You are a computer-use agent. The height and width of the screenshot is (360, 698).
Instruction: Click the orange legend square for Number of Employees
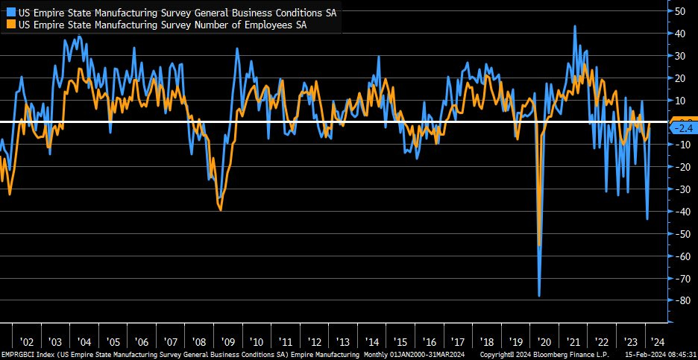(8, 25)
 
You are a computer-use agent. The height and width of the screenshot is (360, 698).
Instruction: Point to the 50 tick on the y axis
(680, 11)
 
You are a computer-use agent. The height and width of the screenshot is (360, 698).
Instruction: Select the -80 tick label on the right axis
(679, 300)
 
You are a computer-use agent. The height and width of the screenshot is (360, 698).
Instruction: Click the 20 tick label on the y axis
(680, 78)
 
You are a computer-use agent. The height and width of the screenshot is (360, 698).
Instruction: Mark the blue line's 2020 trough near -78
(539, 296)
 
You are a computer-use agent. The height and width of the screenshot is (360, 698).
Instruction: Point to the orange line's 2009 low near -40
(221, 209)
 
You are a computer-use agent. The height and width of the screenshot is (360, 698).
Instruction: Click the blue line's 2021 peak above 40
(575, 26)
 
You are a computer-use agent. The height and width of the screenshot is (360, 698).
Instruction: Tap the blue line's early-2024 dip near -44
(647, 219)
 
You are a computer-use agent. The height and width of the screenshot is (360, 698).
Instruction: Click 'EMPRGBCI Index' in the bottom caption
(27, 354)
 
